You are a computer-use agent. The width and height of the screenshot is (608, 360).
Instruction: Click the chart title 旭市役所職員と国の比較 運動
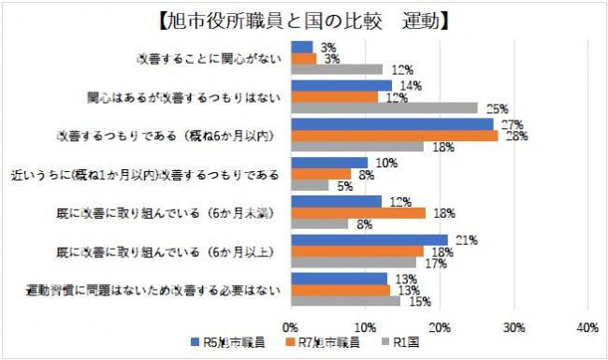pyautogui.click(x=303, y=18)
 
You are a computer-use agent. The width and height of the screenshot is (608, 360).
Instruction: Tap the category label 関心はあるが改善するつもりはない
pyautogui.click(x=182, y=96)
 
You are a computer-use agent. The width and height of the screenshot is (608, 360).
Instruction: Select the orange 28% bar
pyautogui.click(x=395, y=136)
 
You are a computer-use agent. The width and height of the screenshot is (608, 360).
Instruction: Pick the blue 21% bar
pyautogui.click(x=369, y=240)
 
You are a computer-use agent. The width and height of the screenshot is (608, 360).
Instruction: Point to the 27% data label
pyautogui.click(x=510, y=123)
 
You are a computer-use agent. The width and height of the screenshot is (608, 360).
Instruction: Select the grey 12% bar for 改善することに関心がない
pyautogui.click(x=337, y=69)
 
